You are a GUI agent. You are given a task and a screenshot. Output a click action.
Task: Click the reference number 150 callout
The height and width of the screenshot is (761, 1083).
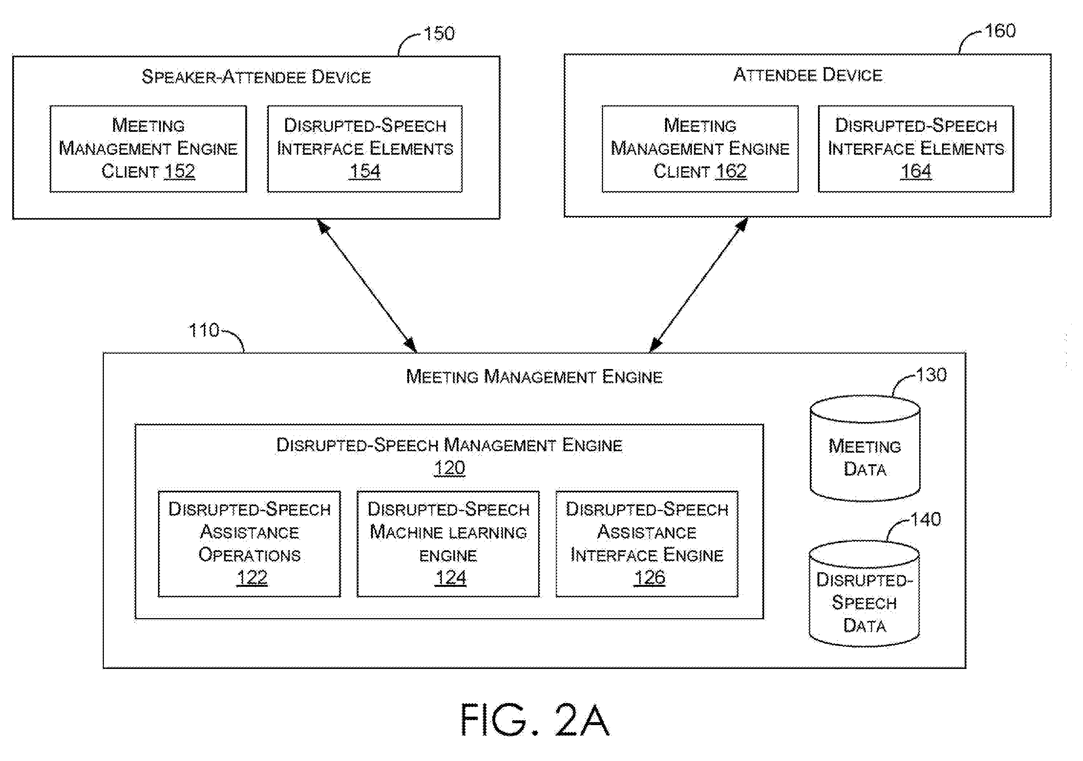click(x=439, y=34)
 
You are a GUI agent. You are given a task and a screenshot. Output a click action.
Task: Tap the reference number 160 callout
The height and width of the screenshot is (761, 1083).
click(x=1000, y=31)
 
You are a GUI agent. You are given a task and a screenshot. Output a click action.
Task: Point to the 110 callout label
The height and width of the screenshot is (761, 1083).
click(x=204, y=330)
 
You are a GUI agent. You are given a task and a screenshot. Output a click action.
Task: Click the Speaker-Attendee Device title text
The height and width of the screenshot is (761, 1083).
click(x=256, y=77)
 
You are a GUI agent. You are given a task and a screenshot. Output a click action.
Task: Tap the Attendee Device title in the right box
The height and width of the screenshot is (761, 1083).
click(x=808, y=75)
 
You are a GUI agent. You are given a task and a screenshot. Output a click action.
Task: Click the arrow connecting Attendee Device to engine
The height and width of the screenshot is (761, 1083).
click(x=698, y=285)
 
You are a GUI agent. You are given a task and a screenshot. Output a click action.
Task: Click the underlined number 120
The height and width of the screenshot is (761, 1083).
click(x=449, y=468)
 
